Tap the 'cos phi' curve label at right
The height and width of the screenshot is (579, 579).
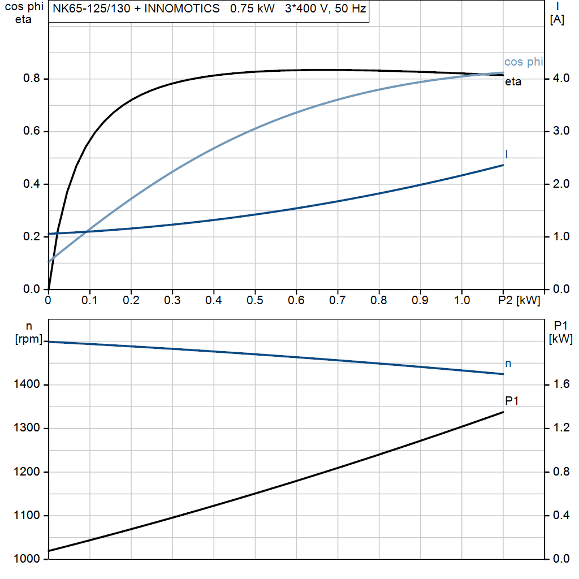click(523, 62)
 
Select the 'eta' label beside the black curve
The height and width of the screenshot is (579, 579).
click(513, 82)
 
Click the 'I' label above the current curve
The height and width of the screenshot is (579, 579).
click(506, 154)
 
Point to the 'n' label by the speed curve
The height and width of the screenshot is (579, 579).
click(508, 364)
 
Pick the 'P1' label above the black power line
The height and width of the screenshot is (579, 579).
click(512, 401)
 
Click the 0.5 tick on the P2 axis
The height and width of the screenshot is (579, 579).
click(255, 300)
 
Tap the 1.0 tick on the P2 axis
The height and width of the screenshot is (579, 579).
click(462, 300)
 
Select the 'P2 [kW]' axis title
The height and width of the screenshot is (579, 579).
click(520, 300)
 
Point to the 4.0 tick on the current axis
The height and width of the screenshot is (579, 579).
click(560, 79)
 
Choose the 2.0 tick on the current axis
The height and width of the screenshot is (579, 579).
click(560, 184)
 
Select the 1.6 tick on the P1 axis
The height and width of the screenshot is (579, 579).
click(560, 385)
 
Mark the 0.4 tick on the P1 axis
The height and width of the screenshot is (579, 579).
click(560, 516)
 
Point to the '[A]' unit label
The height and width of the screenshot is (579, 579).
click(558, 19)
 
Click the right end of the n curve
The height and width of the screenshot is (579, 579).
click(503, 374)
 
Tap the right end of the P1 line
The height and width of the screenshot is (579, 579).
click(503, 412)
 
